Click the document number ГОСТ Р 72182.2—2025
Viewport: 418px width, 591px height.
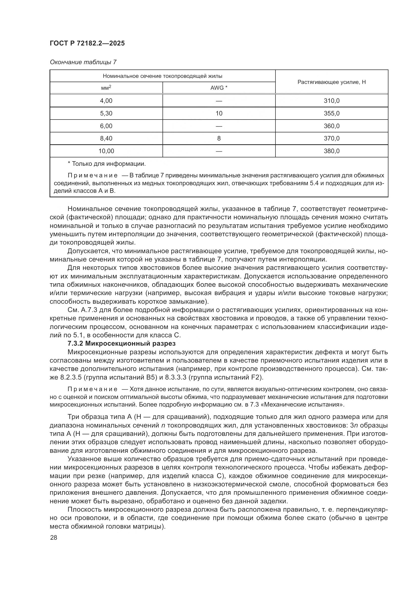[87, 43]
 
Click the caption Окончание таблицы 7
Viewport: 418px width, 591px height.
[83, 62]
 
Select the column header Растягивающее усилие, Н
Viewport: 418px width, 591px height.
[332, 82]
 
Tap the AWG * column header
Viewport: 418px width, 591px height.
[219, 88]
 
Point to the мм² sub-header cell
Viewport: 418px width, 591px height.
[106, 88]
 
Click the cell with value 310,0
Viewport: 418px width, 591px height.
[332, 101]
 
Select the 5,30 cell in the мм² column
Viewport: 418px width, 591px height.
[106, 113]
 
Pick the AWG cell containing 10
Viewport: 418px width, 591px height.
[219, 113]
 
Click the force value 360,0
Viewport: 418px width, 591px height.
[332, 126]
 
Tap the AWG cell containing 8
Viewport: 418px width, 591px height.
[219, 138]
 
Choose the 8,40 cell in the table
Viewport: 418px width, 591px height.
[106, 138]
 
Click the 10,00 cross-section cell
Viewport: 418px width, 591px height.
[106, 151]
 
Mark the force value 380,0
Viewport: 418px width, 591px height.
[332, 151]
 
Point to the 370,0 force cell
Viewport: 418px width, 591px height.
[332, 138]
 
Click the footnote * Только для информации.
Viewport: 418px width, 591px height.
[107, 164]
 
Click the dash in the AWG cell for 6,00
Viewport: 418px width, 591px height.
[219, 126]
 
